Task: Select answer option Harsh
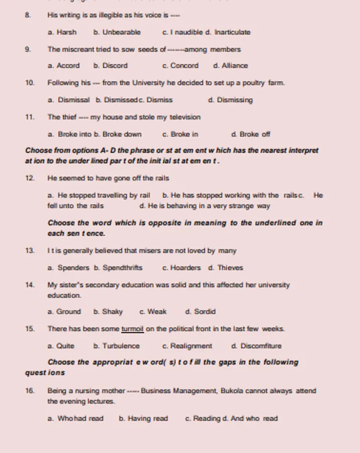66,32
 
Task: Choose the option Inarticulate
232,32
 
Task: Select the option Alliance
235,65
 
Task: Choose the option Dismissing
235,100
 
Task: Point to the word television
185,117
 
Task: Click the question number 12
30,178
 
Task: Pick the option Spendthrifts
122,268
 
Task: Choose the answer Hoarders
185,268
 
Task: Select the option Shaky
112,312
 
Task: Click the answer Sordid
205,312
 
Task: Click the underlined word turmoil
133,329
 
